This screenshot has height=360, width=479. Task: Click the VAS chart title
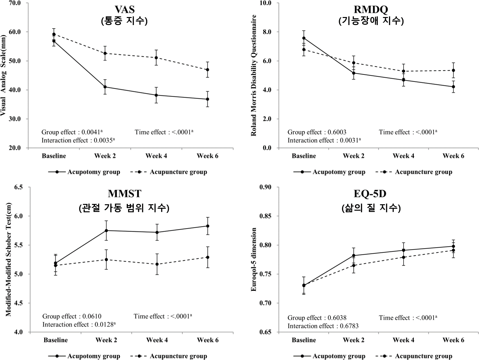click(x=124, y=10)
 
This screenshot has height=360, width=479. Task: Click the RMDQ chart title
click(x=371, y=10)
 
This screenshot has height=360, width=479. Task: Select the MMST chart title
click(x=124, y=194)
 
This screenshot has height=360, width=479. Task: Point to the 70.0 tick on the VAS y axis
click(x=15, y=3)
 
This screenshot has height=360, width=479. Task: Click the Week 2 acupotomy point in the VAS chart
click(x=105, y=87)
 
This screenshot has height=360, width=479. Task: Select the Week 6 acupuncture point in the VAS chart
click(x=208, y=70)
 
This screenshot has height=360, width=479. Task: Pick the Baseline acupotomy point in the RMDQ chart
click(x=304, y=38)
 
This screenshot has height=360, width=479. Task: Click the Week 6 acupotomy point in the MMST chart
click(x=208, y=226)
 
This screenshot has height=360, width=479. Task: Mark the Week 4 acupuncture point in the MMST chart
click(x=157, y=264)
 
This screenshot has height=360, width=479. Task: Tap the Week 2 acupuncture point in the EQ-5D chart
click(x=354, y=265)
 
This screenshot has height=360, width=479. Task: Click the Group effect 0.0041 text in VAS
click(x=72, y=132)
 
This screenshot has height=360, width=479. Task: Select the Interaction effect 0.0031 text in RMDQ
click(x=324, y=140)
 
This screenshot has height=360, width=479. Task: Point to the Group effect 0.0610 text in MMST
click(x=72, y=316)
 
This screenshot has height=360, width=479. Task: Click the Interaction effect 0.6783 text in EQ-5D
click(x=323, y=326)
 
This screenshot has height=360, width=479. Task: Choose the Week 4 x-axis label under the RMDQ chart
click(x=403, y=156)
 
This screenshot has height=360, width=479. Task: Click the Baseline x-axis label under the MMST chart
click(x=56, y=340)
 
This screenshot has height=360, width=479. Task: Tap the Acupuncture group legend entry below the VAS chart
click(x=169, y=172)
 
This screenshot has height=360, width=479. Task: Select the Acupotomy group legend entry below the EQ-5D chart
click(x=329, y=356)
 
